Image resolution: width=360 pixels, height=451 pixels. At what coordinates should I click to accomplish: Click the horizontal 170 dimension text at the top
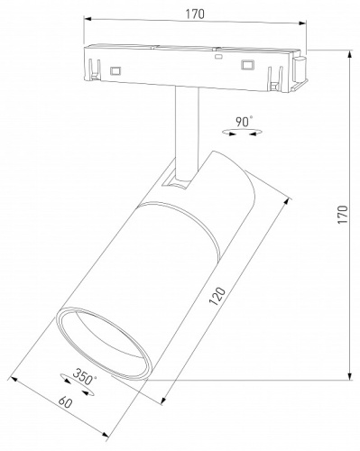click(195, 14)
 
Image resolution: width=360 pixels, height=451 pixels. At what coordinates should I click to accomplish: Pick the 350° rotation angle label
click(85, 379)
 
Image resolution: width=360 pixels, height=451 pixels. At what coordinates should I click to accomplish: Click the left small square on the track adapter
click(115, 69)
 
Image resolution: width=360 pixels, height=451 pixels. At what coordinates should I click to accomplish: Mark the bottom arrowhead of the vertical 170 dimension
click(349, 375)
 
